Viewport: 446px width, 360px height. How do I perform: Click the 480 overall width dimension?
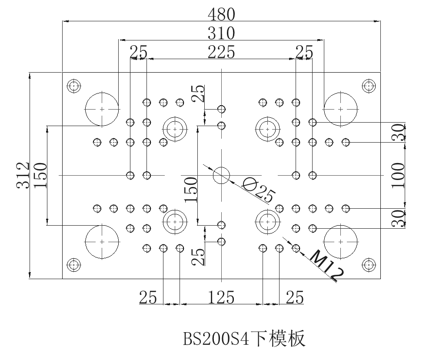pos(221,14)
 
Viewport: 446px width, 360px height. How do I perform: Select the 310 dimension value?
pos(221,33)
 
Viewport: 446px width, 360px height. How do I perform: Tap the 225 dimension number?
pos(221,52)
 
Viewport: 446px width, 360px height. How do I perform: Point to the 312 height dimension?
pos(23,175)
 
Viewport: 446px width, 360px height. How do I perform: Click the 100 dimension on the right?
pos(398,175)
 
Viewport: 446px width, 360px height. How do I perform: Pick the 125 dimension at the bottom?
pos(221,298)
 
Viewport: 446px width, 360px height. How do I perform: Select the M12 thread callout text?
pos(327,265)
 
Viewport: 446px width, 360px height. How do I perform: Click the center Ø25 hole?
pos(221,175)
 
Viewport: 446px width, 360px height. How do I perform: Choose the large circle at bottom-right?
pos(341,241)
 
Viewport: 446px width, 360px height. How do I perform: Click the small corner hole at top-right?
pos(369,86)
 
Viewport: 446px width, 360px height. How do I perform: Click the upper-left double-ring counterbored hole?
pos(175,129)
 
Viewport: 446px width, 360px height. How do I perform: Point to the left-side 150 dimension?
pos(40,175)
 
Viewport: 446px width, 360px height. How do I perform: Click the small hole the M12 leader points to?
pos(296,248)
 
